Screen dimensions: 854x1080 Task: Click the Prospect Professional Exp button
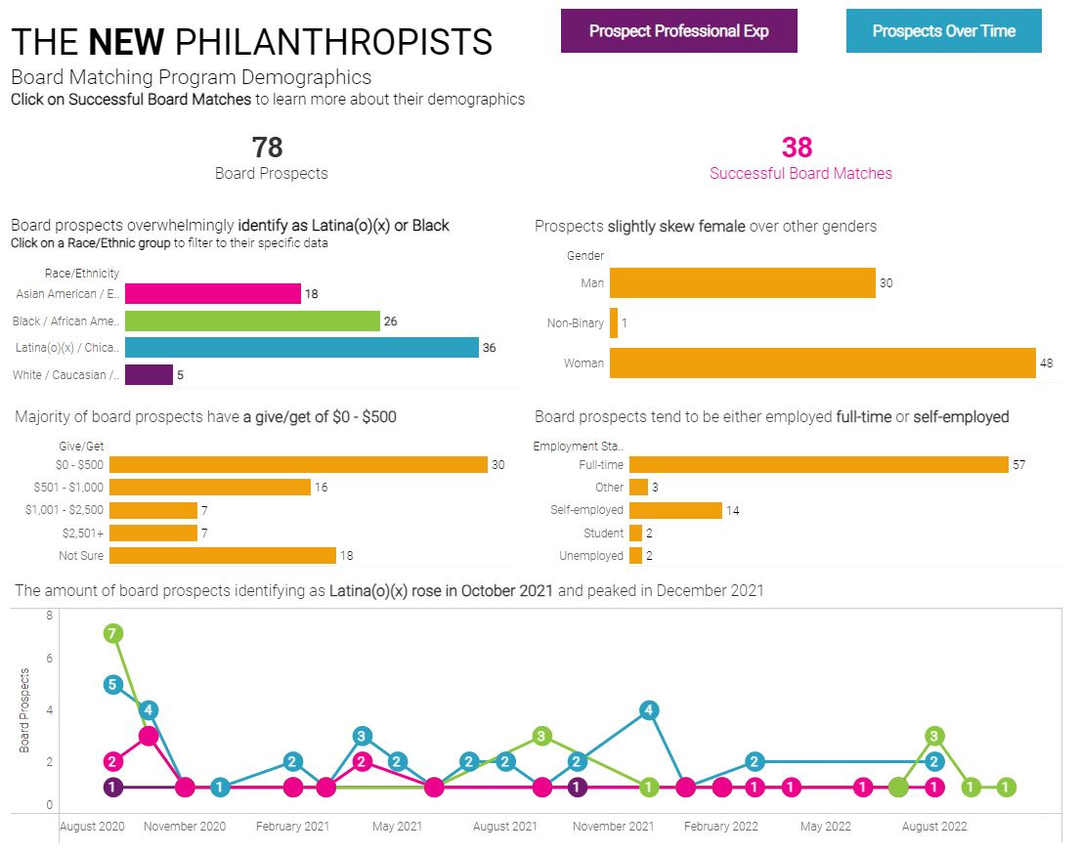[678, 31]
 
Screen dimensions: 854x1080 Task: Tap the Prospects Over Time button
[943, 31]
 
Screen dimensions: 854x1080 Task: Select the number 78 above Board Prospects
[267, 148]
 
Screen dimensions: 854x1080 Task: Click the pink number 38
[797, 148]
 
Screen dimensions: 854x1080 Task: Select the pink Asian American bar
[212, 293]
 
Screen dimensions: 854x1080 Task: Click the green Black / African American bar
[252, 320]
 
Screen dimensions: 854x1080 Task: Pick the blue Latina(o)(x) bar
[301, 348]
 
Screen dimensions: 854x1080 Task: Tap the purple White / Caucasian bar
[149, 374]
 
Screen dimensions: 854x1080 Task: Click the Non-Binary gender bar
[614, 323]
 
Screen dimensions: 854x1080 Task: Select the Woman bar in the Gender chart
[822, 363]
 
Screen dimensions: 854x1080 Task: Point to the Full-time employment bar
[818, 465]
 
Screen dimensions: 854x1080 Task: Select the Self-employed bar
[675, 510]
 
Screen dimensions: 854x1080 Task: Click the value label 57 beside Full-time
[1019, 465]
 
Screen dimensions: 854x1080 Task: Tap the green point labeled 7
[113, 633]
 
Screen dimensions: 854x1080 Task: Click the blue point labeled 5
[112, 684]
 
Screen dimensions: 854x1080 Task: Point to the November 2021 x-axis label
[614, 827]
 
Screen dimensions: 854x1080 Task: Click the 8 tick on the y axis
[50, 616]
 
